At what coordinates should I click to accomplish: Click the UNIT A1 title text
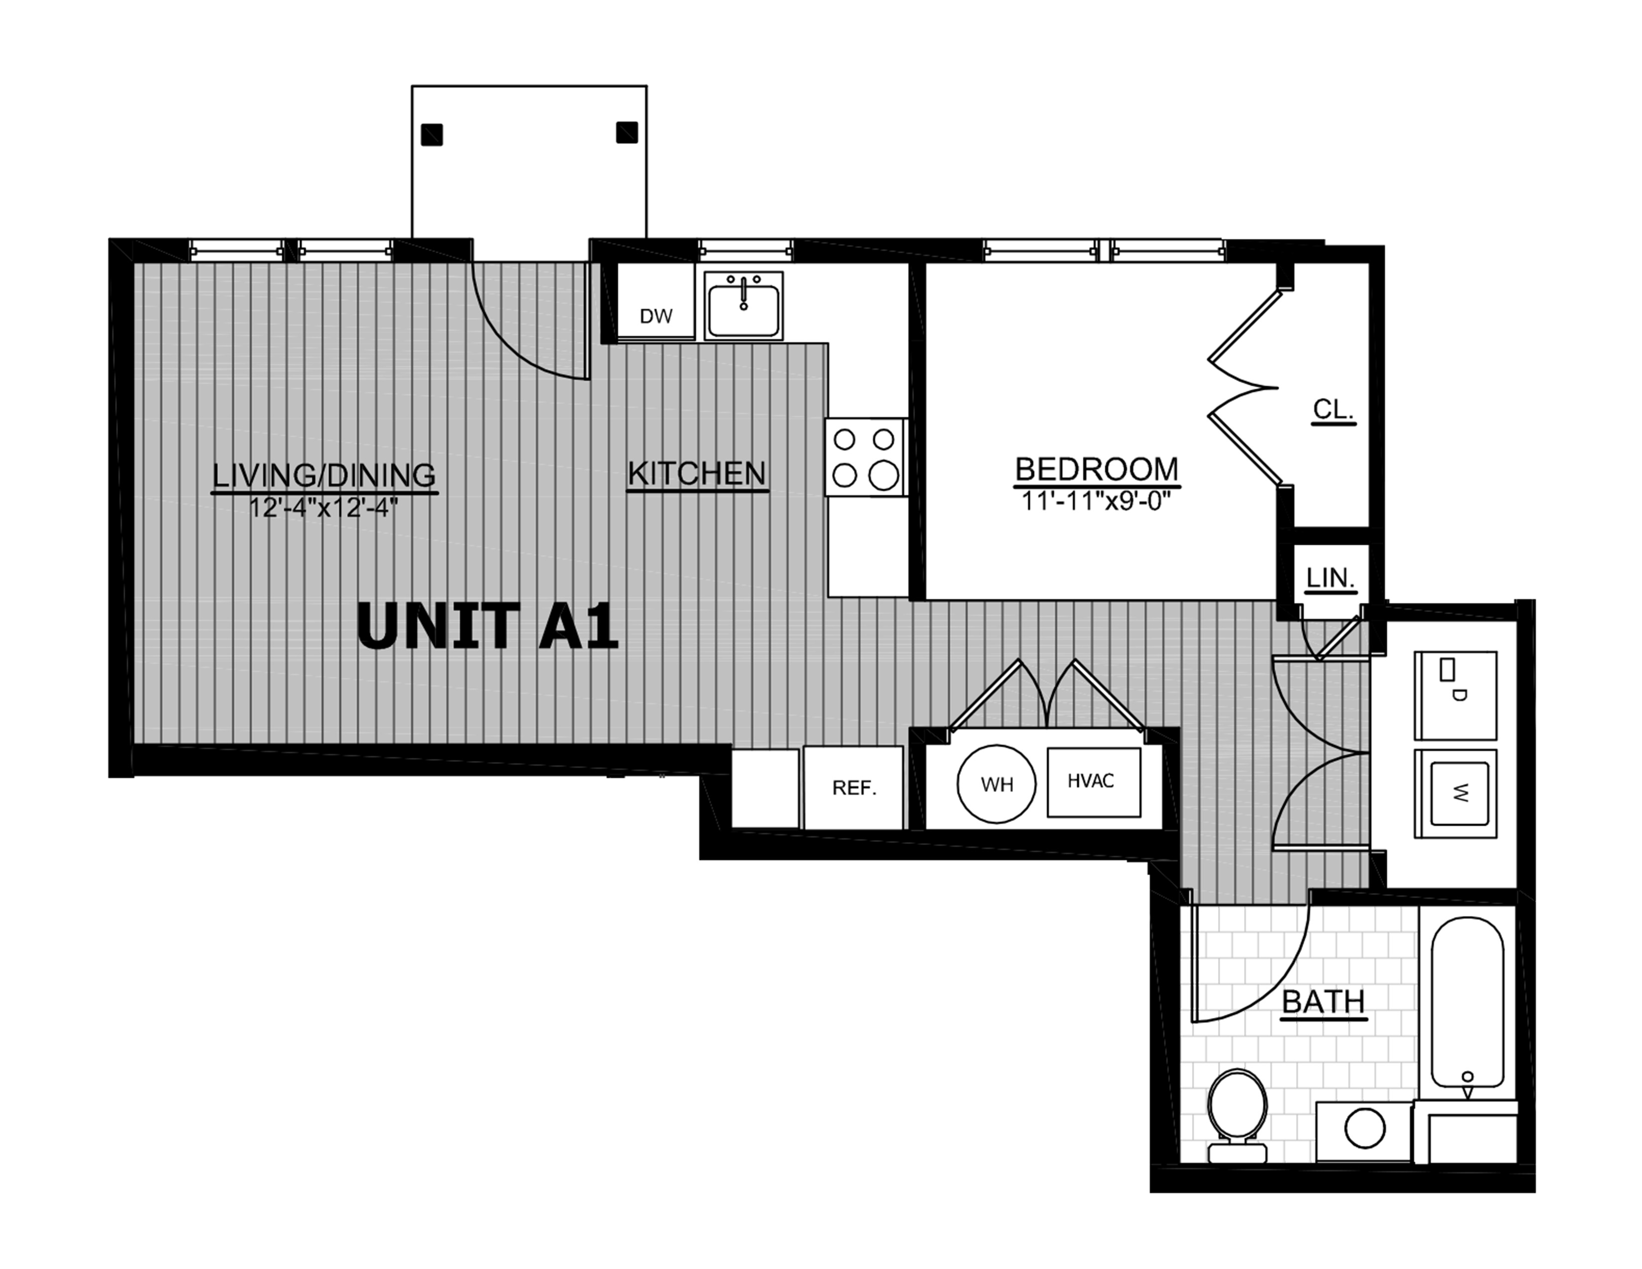pos(487,626)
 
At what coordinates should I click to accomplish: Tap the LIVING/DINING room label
pos(324,475)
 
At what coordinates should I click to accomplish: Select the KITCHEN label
pos(697,474)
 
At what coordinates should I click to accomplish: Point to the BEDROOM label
pos(1096,469)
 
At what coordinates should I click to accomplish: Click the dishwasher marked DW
pos(656,302)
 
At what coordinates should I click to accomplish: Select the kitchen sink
pos(743,305)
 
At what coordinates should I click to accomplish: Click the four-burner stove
pos(865,457)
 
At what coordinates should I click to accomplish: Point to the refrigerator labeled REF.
pos(853,787)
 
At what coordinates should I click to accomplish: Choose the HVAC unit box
pos(1094,782)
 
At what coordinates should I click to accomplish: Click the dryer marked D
pos(1455,695)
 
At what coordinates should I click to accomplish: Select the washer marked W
pos(1455,793)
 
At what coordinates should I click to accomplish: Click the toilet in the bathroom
pos(1237,1116)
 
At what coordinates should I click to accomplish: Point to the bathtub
pos(1467,1001)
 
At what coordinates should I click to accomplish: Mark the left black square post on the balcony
pos(431,134)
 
